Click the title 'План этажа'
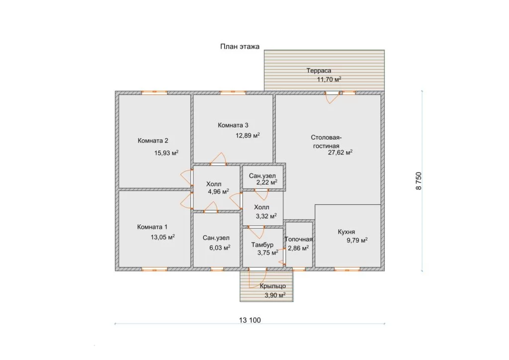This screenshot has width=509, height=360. pyautogui.click(x=240, y=46)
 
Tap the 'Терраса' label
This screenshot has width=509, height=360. pyautogui.click(x=319, y=71)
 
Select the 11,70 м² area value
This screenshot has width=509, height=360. pyautogui.click(x=329, y=79)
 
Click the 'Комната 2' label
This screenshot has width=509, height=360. pyautogui.click(x=153, y=141)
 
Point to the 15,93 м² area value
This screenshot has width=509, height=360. pyautogui.click(x=166, y=153)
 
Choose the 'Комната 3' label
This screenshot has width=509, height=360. pyautogui.click(x=233, y=125)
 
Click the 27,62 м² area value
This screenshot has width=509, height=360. pyautogui.click(x=340, y=152)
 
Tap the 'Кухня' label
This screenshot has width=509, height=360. pyautogui.click(x=346, y=232)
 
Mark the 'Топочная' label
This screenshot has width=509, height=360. pyautogui.click(x=299, y=239)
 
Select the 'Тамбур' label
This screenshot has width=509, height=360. pyautogui.click(x=262, y=245)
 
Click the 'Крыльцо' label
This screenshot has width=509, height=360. pyautogui.click(x=273, y=286)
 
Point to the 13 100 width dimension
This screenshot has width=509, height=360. pyautogui.click(x=250, y=320)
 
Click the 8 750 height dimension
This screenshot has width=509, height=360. pyautogui.click(x=419, y=181)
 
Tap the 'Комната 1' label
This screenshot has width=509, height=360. pyautogui.click(x=152, y=227)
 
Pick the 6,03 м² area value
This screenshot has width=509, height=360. pyautogui.click(x=220, y=248)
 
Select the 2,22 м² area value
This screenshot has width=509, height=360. pyautogui.click(x=267, y=182)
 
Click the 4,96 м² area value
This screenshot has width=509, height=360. pyautogui.click(x=219, y=191)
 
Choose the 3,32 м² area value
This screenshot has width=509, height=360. pyautogui.click(x=266, y=216)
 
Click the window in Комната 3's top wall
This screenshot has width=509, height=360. pyautogui.click(x=233, y=92)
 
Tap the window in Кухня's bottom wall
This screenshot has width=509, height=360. pyautogui.click(x=347, y=269)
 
